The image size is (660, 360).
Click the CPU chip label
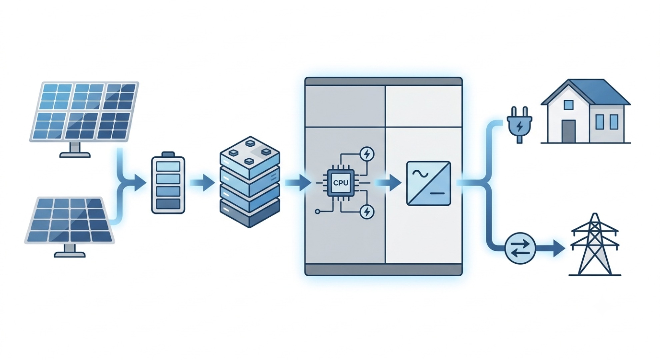[x=341, y=183]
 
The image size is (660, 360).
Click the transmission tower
[x=595, y=245]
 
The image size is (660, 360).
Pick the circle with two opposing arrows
[x=520, y=248]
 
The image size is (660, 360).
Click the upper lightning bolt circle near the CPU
[x=367, y=154]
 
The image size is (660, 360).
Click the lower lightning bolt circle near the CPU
[x=367, y=212]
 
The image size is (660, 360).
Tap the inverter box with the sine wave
[x=428, y=183]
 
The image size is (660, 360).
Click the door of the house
[x=568, y=131]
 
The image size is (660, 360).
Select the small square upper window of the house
[x=568, y=105]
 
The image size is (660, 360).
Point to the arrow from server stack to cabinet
[x=298, y=183]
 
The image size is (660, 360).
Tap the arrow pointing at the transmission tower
[x=550, y=248]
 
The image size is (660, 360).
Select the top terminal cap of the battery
[x=168, y=154]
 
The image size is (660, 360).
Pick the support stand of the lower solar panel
[x=70, y=250]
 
